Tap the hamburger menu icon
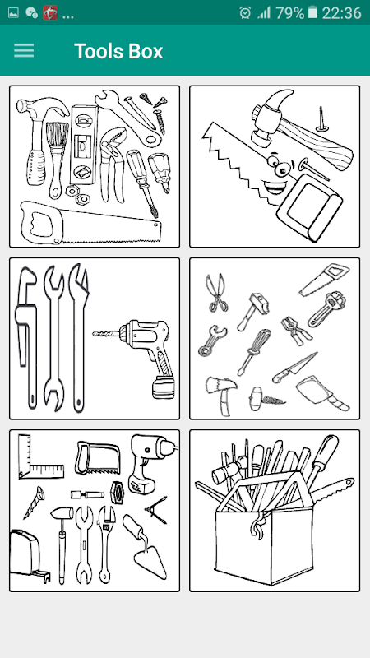click(x=24, y=51)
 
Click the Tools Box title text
click(x=118, y=51)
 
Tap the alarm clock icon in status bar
click(x=245, y=13)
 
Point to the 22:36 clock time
click(x=341, y=13)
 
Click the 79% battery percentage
click(x=290, y=13)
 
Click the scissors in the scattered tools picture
click(x=215, y=293)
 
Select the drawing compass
click(x=157, y=510)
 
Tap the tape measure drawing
click(x=28, y=554)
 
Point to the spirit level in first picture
click(x=84, y=144)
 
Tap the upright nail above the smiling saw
click(x=321, y=120)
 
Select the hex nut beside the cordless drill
click(x=117, y=492)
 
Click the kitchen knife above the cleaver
click(x=294, y=367)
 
